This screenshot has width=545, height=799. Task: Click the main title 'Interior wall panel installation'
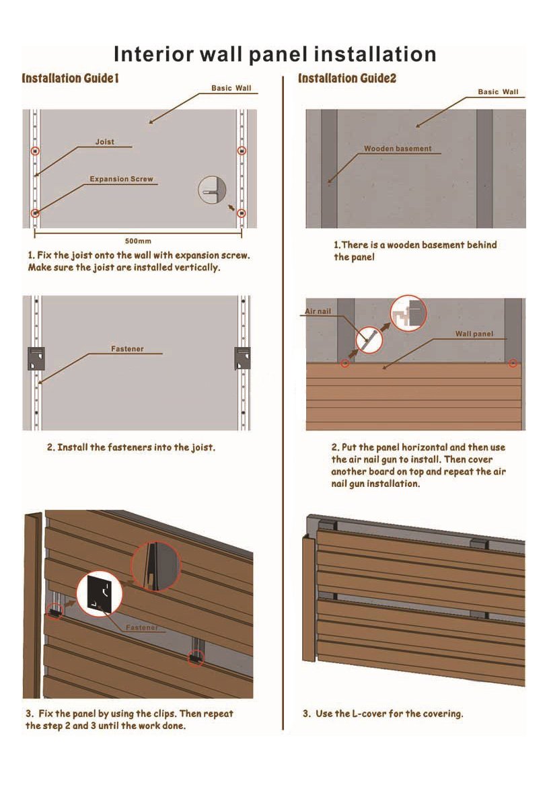click(275, 54)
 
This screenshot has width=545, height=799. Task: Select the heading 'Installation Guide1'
click(71, 79)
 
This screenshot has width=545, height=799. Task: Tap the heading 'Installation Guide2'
click(347, 79)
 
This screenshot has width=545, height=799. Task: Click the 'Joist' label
click(104, 142)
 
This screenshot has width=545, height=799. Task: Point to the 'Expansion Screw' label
click(121, 180)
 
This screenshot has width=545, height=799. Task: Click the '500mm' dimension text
click(138, 240)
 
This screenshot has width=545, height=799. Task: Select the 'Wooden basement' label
click(398, 149)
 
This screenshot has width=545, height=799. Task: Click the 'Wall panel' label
click(474, 334)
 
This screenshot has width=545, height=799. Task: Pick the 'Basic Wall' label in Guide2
click(498, 92)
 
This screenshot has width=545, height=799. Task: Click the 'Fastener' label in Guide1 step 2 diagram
click(127, 349)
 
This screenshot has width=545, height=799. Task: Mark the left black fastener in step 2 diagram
click(36, 358)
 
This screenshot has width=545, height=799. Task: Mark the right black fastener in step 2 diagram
click(242, 358)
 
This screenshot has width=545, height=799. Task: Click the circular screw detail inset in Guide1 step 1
click(212, 190)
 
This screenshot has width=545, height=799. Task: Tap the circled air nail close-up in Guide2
click(368, 340)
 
